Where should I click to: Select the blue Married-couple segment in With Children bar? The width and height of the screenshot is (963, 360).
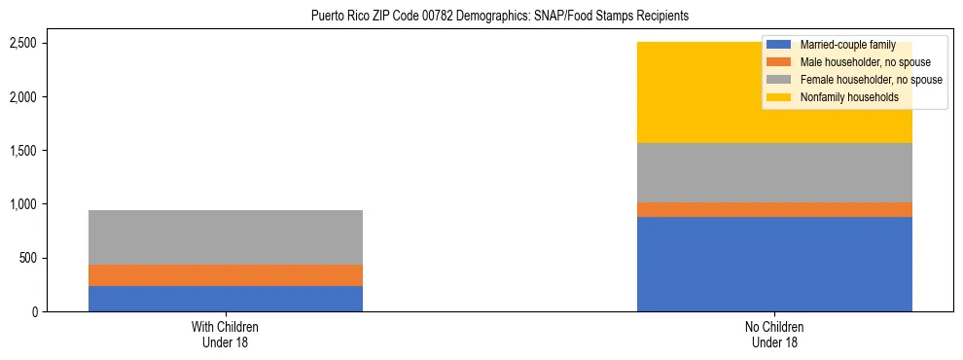point(226,299)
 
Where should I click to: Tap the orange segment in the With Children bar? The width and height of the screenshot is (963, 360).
point(226,275)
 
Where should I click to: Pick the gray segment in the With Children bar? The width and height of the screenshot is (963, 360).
point(226,237)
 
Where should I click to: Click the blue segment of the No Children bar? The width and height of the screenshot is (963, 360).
point(774,264)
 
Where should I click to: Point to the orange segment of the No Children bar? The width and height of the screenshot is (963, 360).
point(774,209)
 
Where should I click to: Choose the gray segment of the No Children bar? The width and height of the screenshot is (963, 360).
point(774,172)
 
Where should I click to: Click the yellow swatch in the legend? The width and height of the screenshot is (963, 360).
point(780,97)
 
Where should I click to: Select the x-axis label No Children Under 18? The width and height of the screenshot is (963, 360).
point(775,335)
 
